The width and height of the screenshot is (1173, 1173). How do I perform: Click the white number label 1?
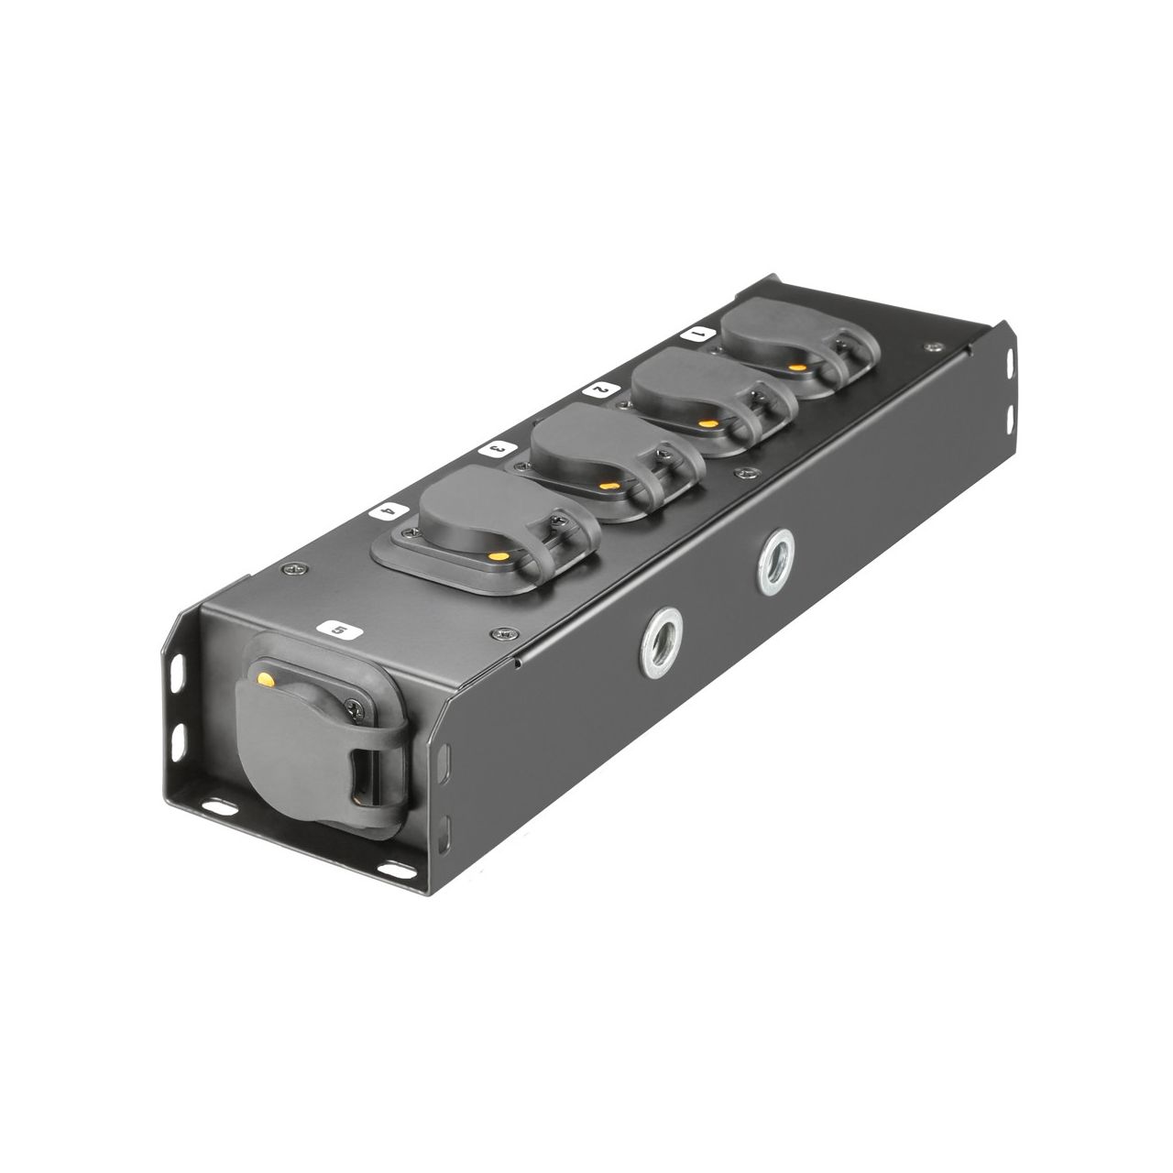(x=698, y=334)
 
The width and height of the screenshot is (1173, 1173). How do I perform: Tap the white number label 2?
(x=601, y=389)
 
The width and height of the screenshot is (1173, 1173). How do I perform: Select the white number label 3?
(x=498, y=449)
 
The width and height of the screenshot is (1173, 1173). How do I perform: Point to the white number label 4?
(x=388, y=511)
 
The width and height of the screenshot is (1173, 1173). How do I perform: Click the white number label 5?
(x=339, y=630)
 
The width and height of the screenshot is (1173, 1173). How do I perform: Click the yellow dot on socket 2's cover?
(x=707, y=423)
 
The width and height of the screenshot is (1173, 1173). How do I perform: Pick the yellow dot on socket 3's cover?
(x=607, y=486)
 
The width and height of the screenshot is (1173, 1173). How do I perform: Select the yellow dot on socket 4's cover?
(x=501, y=555)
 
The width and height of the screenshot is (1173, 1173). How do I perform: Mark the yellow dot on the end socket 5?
(x=266, y=677)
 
